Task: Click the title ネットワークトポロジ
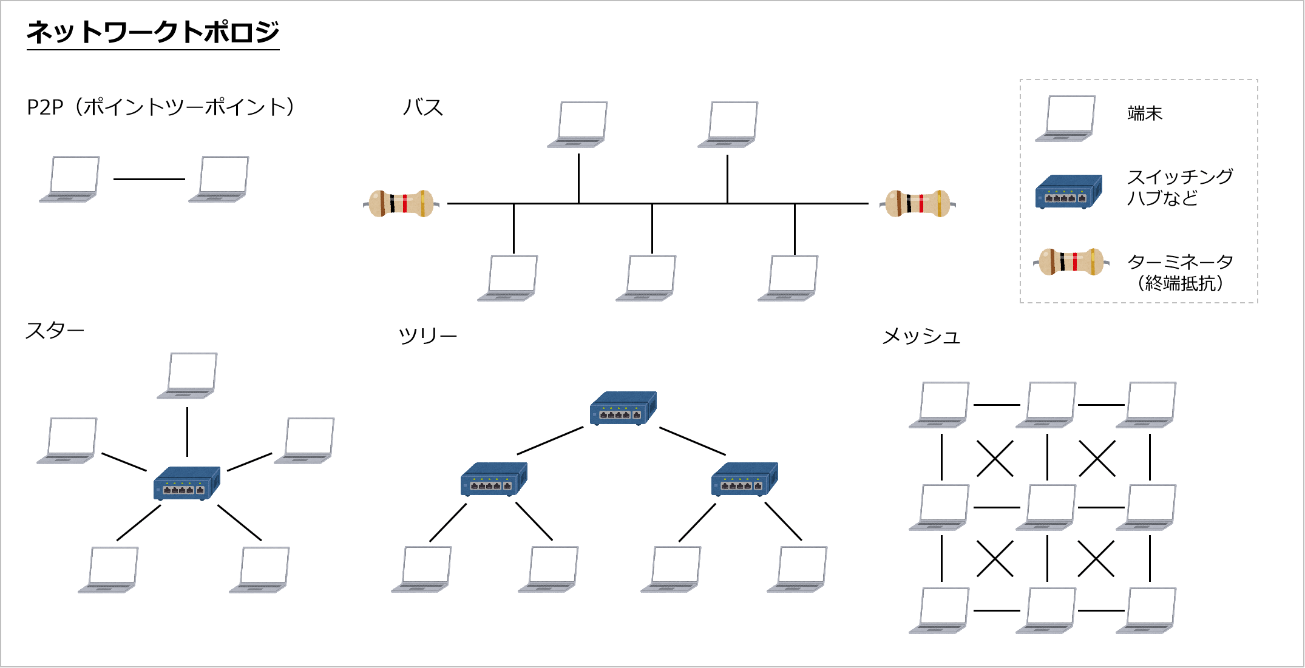pyautogui.click(x=152, y=32)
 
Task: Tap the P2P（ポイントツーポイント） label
pyautogui.click(x=161, y=107)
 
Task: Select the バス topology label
pyautogui.click(x=423, y=108)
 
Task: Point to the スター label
pyautogui.click(x=55, y=331)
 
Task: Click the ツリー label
pyautogui.click(x=427, y=336)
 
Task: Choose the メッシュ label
pyautogui.click(x=921, y=336)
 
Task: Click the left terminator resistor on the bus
pyautogui.click(x=401, y=203)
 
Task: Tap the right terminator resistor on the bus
pyautogui.click(x=917, y=203)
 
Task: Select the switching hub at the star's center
pyautogui.click(x=186, y=483)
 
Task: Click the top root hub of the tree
pyautogui.click(x=623, y=408)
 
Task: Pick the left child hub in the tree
pyautogui.click(x=493, y=479)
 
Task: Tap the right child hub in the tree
pyautogui.click(x=744, y=479)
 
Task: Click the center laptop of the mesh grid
pyautogui.click(x=1046, y=507)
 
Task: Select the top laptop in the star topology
pyautogui.click(x=188, y=376)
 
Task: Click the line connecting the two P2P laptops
pyautogui.click(x=149, y=179)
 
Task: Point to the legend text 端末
pyautogui.click(x=1145, y=113)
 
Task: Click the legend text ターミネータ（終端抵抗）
pyautogui.click(x=1180, y=272)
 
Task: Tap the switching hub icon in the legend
pyautogui.click(x=1068, y=192)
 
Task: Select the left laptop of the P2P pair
pyautogui.click(x=70, y=179)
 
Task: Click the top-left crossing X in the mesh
pyautogui.click(x=995, y=458)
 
